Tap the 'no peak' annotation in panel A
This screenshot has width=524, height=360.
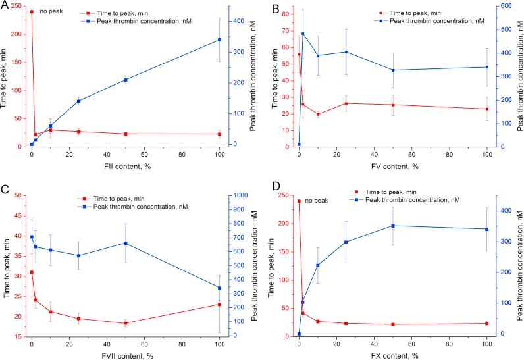coord(50,11)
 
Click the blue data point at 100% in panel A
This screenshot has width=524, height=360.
coord(219,40)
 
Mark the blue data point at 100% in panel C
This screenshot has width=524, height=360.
coord(219,288)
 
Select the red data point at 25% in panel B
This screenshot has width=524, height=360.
coord(346,103)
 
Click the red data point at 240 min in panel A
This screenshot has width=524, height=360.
coord(31,12)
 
